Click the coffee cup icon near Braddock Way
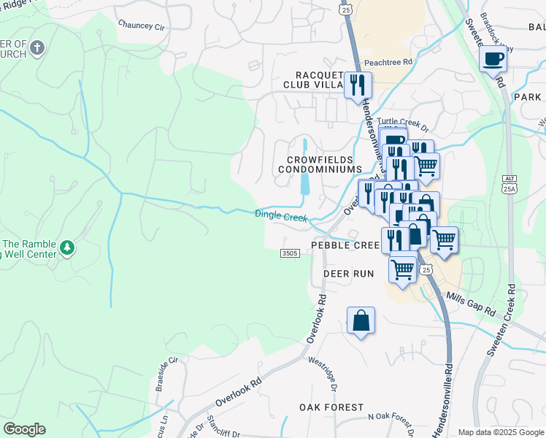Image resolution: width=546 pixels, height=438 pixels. pyautogui.click(x=493, y=58)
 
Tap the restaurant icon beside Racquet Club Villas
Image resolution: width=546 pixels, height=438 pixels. pyautogui.click(x=358, y=85)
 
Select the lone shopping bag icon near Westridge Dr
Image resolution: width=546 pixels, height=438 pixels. pyautogui.click(x=361, y=320)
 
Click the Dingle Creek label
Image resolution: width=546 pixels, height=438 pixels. pyautogui.click(x=281, y=216)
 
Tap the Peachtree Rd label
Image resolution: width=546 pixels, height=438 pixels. pyautogui.click(x=388, y=63)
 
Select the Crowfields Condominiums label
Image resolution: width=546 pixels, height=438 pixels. pyautogui.click(x=320, y=164)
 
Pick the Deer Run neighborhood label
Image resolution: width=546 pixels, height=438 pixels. pyautogui.click(x=348, y=274)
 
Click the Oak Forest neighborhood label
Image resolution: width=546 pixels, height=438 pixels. pyautogui.click(x=331, y=407)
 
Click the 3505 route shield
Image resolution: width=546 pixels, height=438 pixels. pyautogui.click(x=290, y=253)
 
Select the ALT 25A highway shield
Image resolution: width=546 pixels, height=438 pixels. pyautogui.click(x=509, y=184)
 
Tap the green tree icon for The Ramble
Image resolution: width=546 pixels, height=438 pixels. pyautogui.click(x=67, y=248)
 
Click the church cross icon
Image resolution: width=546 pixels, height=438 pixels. pyautogui.click(x=38, y=50)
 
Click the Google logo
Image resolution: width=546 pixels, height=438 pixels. pyautogui.click(x=24, y=429)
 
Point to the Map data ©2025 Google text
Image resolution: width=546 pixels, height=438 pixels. pyautogui.click(x=500, y=432)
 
